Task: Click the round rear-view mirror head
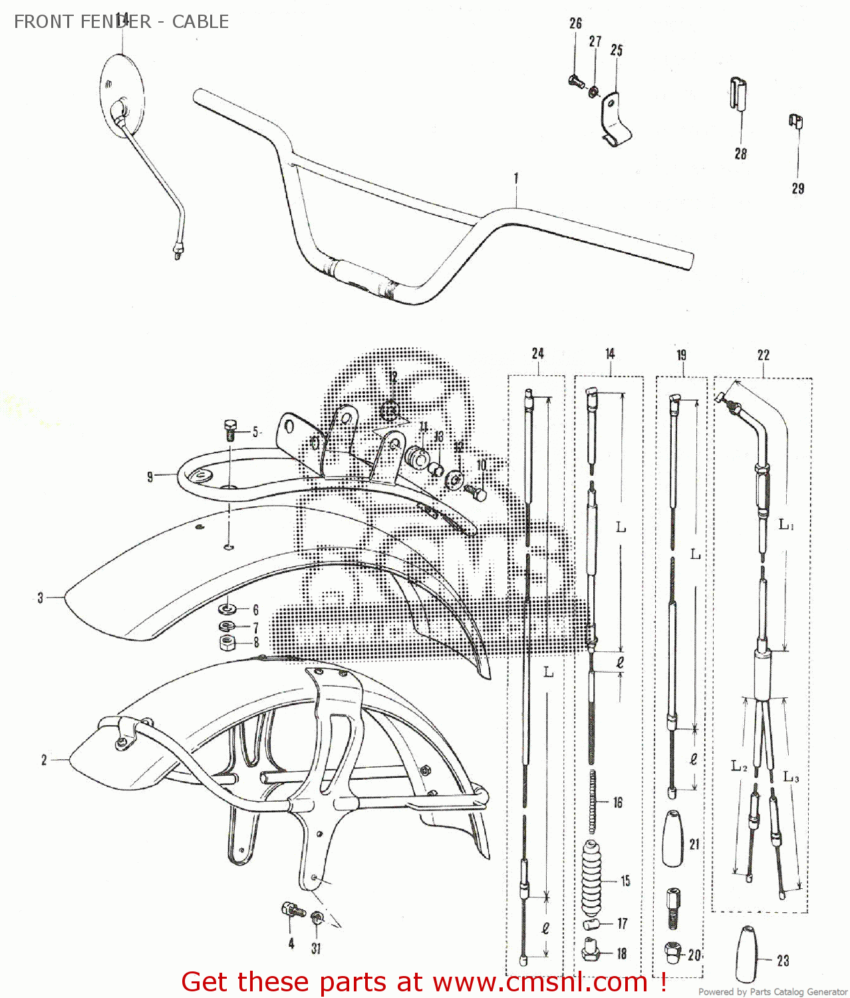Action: pos(122,93)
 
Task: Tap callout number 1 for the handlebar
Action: pos(516,178)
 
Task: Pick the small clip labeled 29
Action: pos(795,121)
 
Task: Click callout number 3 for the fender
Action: pos(41,598)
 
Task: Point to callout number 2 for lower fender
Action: pos(44,760)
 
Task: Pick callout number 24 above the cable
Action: pos(538,353)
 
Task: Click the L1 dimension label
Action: pos(786,525)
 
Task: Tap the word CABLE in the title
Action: pos(200,22)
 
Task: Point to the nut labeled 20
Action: pos(673,953)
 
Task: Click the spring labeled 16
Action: pos(592,802)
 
